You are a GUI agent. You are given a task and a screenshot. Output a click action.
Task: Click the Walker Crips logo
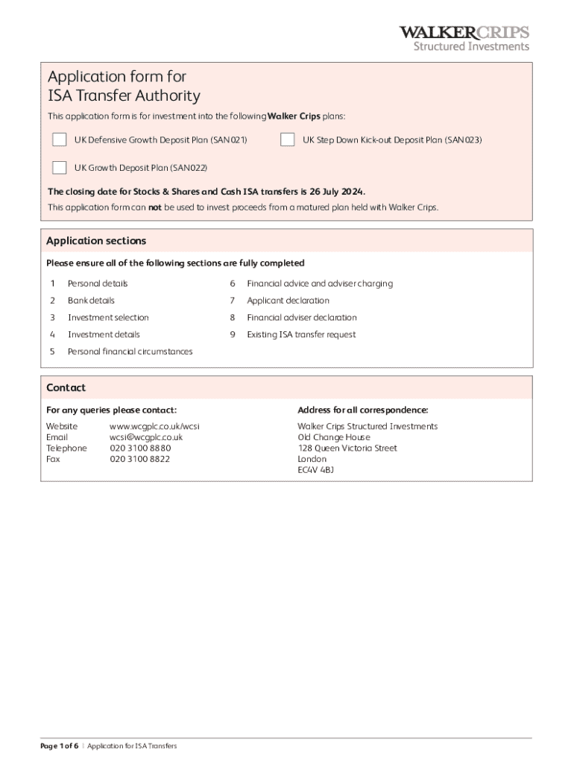click(464, 38)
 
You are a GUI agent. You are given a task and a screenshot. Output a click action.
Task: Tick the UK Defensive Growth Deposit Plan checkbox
click(59, 140)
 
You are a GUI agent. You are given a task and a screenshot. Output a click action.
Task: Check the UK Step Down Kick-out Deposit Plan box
click(287, 140)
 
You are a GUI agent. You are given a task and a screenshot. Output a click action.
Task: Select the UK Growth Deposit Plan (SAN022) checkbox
click(59, 167)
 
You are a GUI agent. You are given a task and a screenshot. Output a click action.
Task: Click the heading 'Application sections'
click(96, 241)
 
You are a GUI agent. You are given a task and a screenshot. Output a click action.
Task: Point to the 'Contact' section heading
click(66, 388)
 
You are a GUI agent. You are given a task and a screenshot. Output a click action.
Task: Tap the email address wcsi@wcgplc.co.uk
click(146, 437)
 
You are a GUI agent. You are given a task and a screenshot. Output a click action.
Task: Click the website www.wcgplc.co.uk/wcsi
click(154, 426)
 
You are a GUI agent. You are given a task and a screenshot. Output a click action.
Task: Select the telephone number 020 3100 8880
click(140, 448)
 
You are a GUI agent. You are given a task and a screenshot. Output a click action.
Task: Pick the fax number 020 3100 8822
click(139, 460)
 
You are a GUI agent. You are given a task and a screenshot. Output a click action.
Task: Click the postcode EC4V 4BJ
click(316, 470)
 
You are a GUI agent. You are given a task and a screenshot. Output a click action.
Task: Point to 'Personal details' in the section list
click(98, 284)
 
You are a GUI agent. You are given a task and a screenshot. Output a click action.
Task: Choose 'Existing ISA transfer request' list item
click(301, 335)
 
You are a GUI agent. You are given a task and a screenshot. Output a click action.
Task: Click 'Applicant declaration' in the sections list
click(288, 301)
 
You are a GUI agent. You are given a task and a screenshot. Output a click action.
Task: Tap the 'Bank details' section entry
click(91, 301)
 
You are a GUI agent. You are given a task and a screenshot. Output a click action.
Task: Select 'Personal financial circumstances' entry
click(130, 352)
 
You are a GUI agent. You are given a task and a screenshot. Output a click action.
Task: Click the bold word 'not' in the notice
click(155, 207)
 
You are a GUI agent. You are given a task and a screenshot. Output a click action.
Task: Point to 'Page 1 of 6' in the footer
click(60, 746)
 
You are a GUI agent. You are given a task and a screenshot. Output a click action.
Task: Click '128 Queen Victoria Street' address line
click(347, 448)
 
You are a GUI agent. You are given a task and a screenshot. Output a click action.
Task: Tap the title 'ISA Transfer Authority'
click(124, 96)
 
